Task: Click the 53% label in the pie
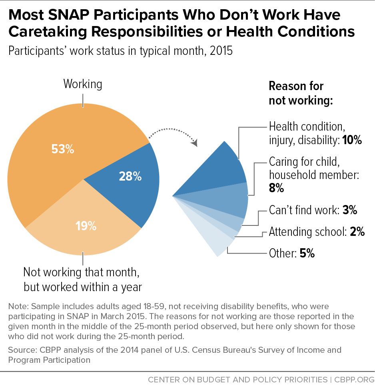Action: coord(63,149)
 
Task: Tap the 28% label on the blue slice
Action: coord(130,176)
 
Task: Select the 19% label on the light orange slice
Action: coord(86,226)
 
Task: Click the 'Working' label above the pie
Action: coord(83,84)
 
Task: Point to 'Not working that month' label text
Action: coord(81,272)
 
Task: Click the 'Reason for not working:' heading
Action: coord(301,93)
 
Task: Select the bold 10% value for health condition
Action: coord(352,140)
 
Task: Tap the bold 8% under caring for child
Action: coord(276,188)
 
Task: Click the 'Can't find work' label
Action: coord(304,210)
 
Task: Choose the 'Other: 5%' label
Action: coord(292,253)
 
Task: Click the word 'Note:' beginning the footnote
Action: coord(18,306)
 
